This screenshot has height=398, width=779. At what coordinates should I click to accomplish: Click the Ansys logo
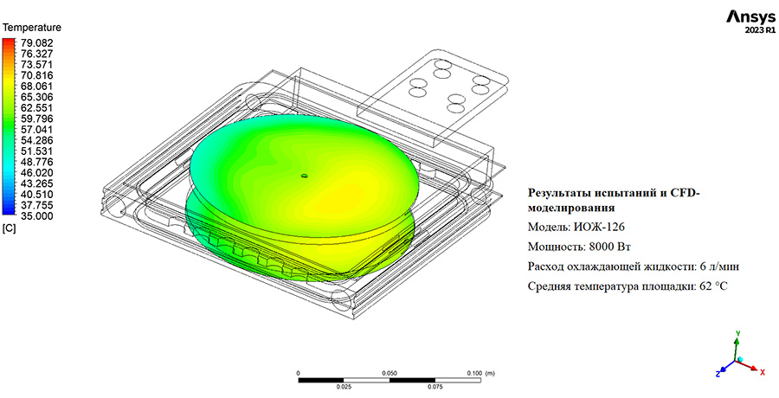pyautogui.click(x=750, y=17)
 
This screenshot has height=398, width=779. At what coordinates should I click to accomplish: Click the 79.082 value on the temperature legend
pyautogui.click(x=35, y=42)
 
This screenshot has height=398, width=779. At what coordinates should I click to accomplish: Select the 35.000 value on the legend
pyautogui.click(x=35, y=215)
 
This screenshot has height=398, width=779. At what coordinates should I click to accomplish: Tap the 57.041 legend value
pyautogui.click(x=35, y=129)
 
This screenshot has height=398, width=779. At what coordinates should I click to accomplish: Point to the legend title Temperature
pyautogui.click(x=32, y=28)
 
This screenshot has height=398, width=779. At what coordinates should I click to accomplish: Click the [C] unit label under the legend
pyautogui.click(x=10, y=229)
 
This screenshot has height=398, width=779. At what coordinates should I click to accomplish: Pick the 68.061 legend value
pyautogui.click(x=35, y=86)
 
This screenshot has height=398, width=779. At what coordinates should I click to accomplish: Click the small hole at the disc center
pyautogui.click(x=305, y=176)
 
